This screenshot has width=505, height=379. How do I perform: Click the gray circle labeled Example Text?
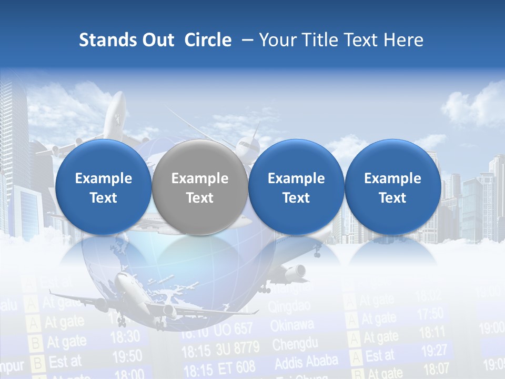(200, 187)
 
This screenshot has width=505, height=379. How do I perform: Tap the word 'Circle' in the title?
(208, 40)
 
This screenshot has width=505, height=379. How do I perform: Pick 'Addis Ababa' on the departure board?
(306, 363)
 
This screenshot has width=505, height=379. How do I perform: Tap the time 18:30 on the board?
(125, 336)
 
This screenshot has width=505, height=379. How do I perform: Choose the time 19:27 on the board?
(434, 350)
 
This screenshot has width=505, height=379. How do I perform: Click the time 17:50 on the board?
(430, 314)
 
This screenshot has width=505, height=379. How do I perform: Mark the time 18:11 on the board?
(433, 332)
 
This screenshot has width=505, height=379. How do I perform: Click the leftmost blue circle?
(104, 187)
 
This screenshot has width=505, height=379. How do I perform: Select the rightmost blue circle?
(392, 187)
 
